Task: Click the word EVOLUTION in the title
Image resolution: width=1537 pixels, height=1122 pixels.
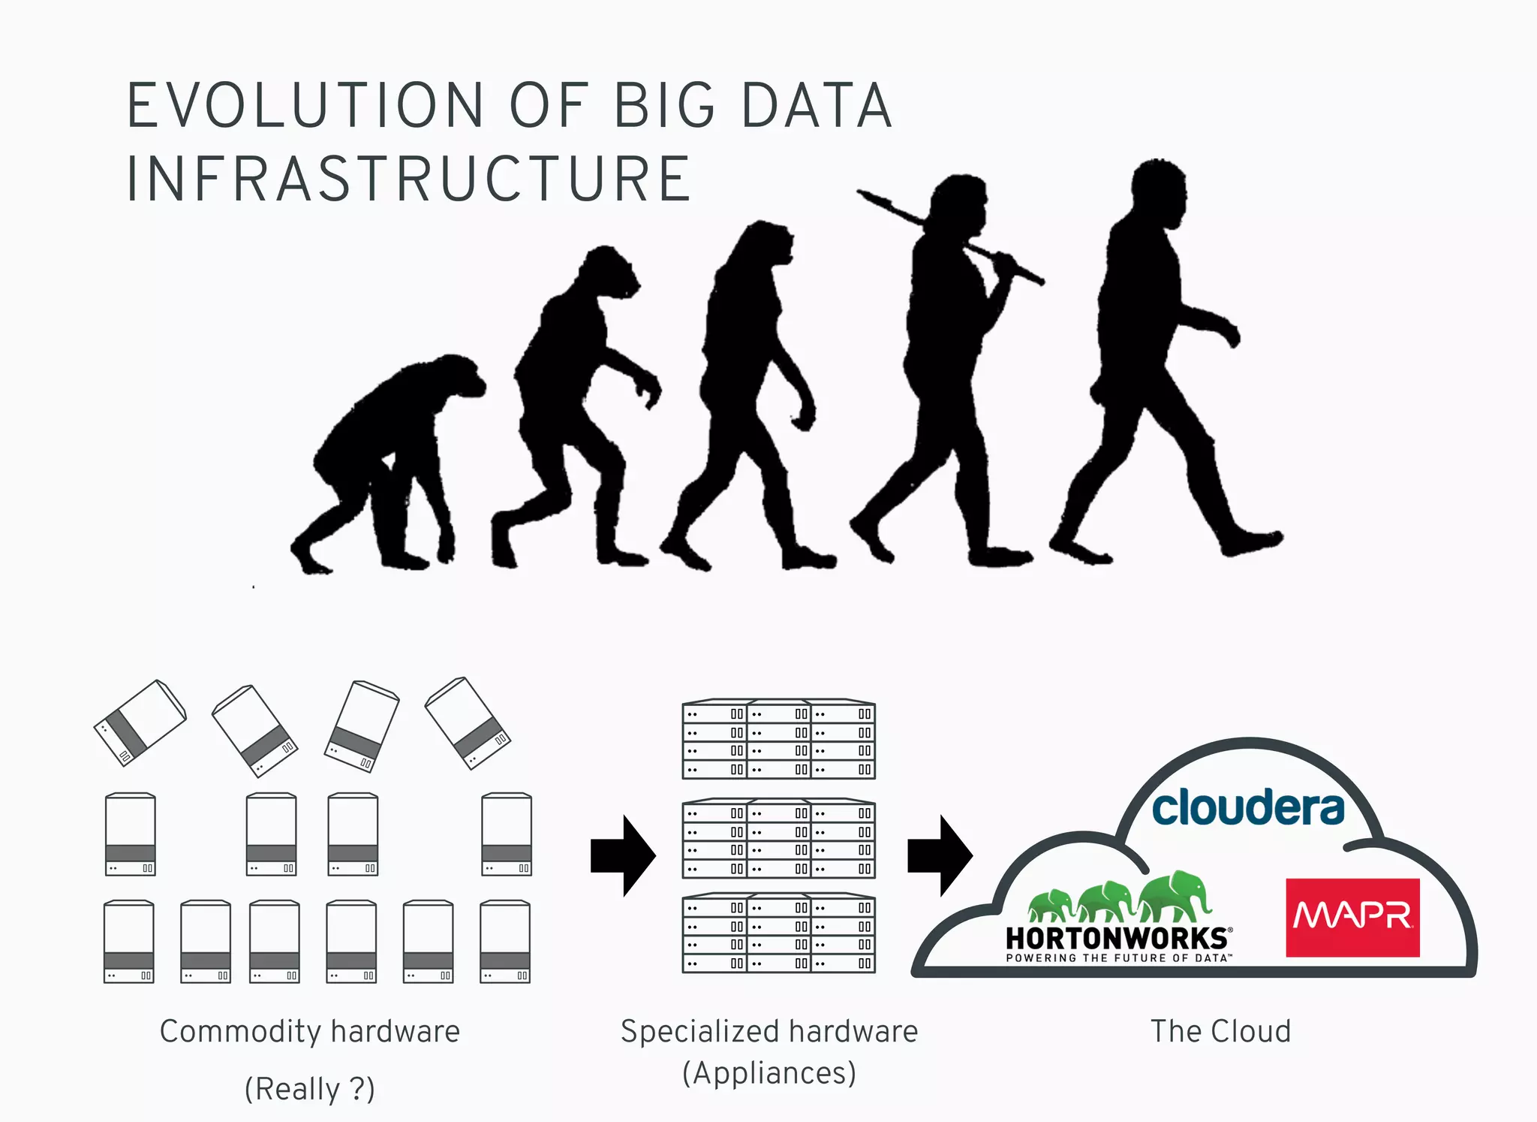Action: click(305, 106)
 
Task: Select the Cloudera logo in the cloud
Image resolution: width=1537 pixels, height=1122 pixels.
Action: click(1248, 807)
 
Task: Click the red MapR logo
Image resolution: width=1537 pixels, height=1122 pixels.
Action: click(1352, 917)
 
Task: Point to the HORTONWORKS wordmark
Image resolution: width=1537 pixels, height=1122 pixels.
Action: click(1117, 938)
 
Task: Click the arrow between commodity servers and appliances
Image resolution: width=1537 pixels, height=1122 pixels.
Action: click(624, 855)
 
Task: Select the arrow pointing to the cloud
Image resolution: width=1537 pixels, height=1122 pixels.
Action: click(940, 855)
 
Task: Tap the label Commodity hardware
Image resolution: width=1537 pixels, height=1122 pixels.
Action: click(309, 1032)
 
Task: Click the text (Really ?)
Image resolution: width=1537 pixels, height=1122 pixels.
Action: click(309, 1089)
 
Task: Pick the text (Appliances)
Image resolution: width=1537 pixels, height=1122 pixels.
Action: click(769, 1073)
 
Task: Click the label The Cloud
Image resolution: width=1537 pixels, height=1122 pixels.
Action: click(1220, 1032)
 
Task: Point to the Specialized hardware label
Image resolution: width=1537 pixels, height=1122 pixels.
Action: click(769, 1032)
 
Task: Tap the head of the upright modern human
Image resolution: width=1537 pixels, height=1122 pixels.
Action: click(1160, 188)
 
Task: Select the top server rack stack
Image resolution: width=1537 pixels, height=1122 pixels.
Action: click(778, 740)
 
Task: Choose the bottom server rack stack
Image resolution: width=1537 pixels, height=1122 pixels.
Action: click(778, 933)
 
